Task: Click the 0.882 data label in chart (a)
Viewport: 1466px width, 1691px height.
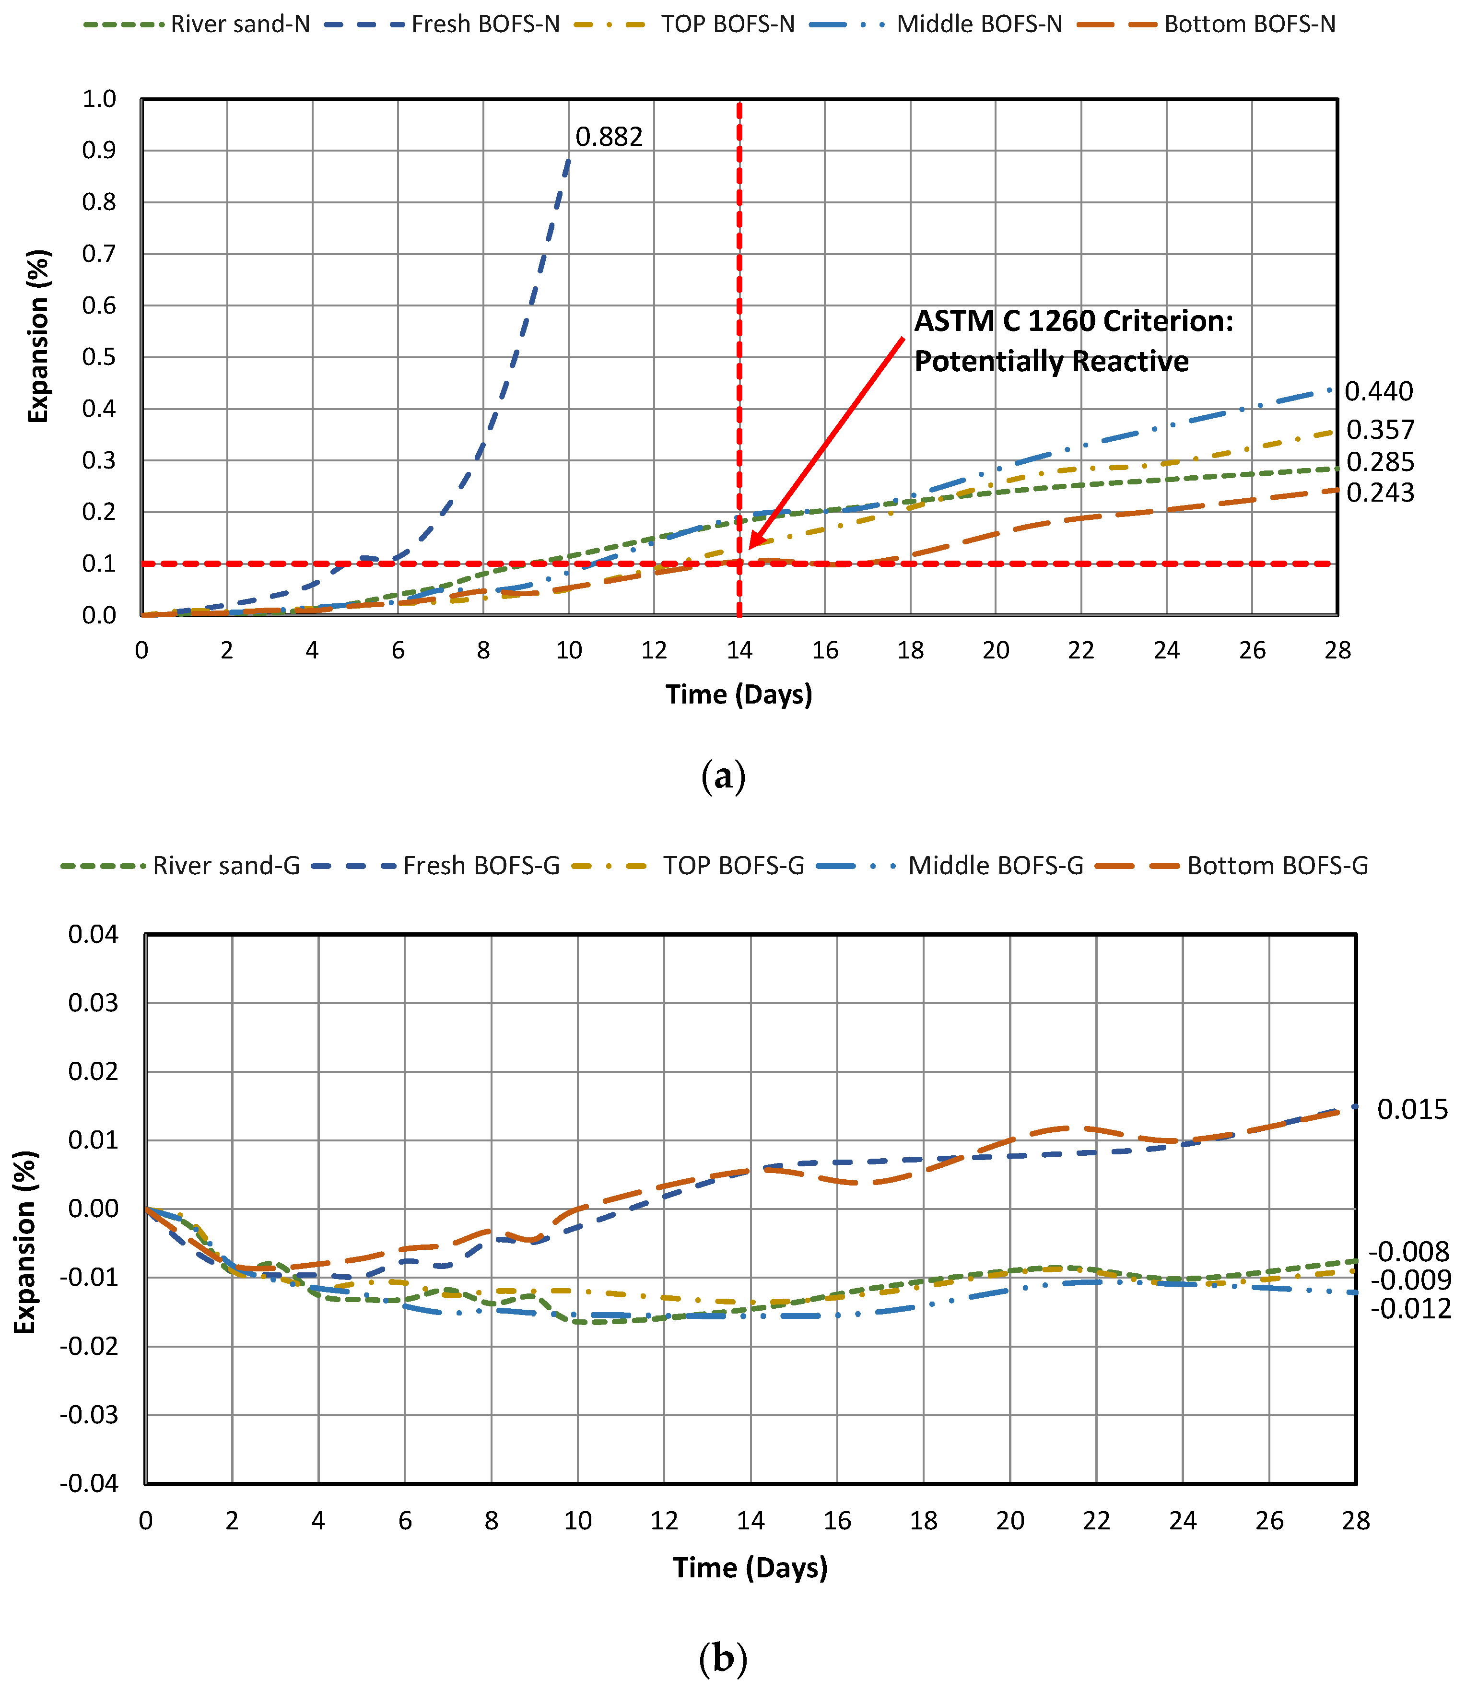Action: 609,137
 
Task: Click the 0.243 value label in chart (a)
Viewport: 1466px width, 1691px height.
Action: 1379,493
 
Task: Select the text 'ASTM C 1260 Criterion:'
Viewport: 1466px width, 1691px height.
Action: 1072,321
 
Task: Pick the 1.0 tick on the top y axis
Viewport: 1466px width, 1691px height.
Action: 99,99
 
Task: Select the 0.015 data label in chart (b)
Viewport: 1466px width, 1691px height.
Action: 1412,1109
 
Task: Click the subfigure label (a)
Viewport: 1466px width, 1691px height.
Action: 723,775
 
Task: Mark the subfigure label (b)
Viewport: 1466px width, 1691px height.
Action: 723,1658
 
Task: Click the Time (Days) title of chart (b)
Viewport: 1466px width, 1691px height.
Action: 750,1567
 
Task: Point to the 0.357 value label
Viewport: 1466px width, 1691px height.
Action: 1379,430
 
